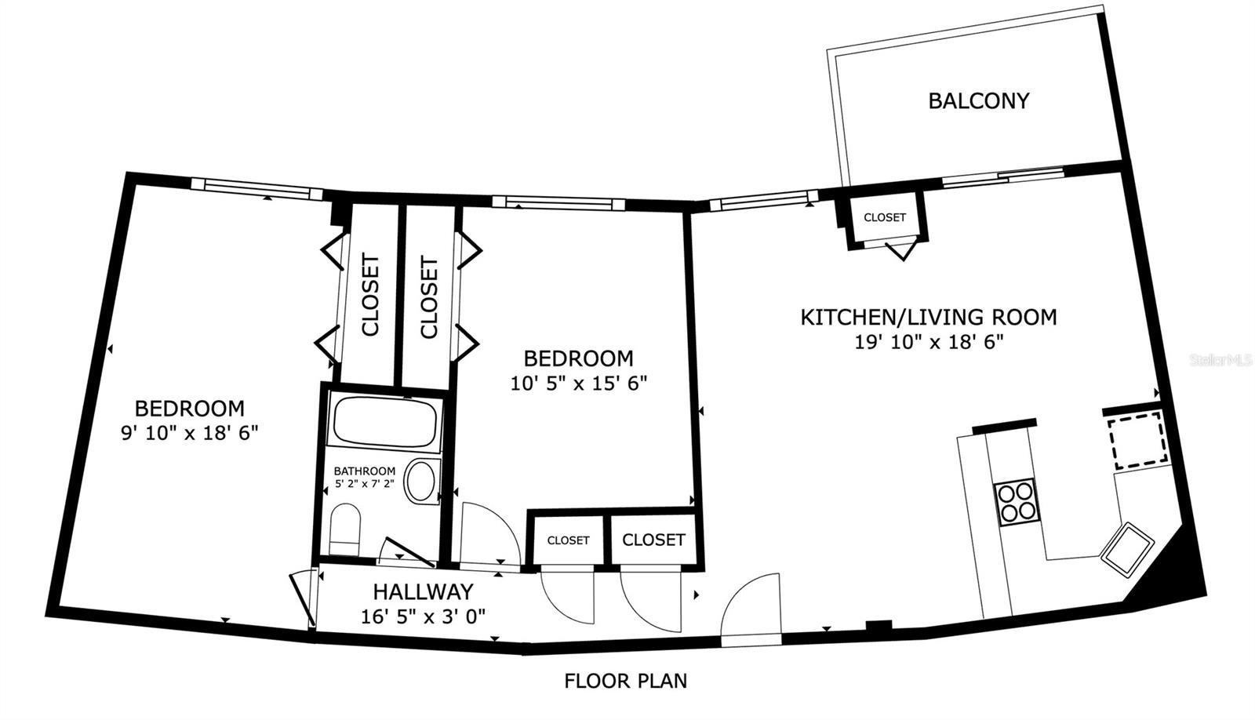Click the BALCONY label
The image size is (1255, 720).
tap(978, 100)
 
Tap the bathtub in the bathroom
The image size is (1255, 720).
tap(384, 422)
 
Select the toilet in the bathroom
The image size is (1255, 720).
tap(345, 529)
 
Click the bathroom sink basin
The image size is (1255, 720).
tap(422, 482)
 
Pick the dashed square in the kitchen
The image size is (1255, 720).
tap(1137, 439)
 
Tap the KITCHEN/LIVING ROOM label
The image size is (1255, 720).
tap(928, 317)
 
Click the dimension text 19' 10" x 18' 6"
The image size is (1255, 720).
tap(929, 342)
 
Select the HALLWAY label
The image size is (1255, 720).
tap(423, 591)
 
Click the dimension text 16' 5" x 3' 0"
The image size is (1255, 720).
tap(423, 616)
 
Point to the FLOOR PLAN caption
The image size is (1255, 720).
tap(625, 680)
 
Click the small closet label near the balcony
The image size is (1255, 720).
tap(884, 217)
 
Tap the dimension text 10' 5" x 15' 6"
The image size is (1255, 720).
tap(578, 384)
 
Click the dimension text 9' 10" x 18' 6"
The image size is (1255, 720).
tap(189, 433)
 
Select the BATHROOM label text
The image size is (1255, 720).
tap(364, 471)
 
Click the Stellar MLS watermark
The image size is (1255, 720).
tap(1220, 360)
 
